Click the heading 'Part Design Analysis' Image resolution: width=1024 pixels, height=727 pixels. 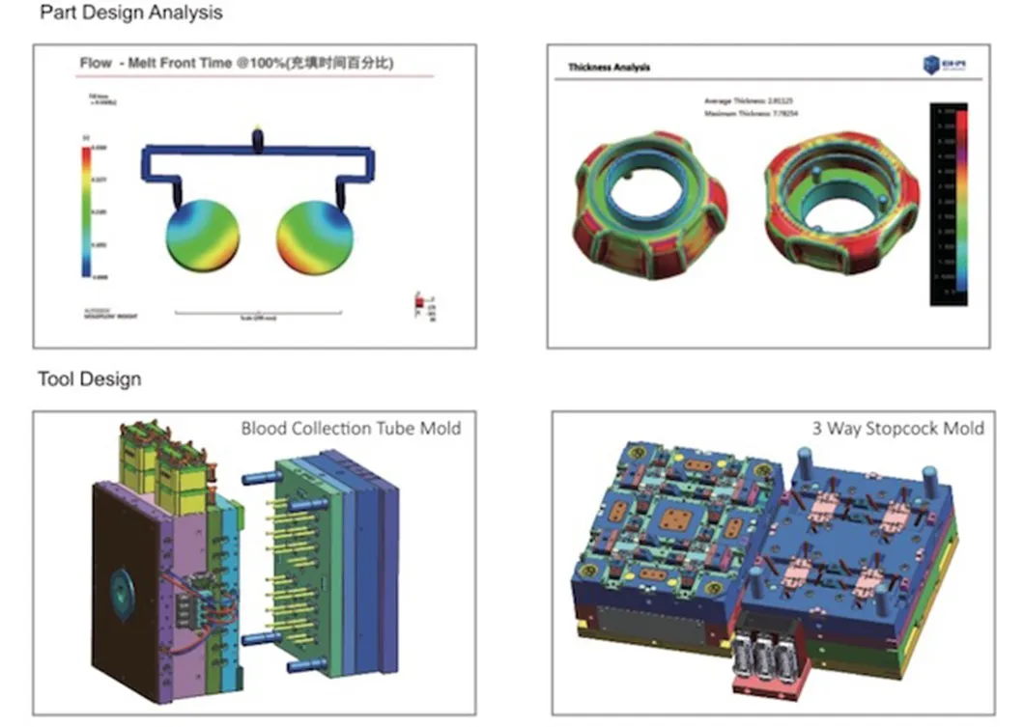[x=130, y=13]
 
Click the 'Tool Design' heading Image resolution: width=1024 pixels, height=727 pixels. [x=89, y=378]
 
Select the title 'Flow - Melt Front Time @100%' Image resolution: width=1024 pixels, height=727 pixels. [x=242, y=64]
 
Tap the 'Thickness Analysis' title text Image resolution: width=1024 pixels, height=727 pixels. [x=609, y=68]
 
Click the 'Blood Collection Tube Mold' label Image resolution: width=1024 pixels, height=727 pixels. [x=351, y=428]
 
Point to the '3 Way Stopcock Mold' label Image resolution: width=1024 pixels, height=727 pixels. [x=897, y=428]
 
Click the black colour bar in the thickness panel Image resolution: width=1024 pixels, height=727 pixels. [x=948, y=204]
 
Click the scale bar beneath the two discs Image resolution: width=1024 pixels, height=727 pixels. [x=258, y=313]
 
